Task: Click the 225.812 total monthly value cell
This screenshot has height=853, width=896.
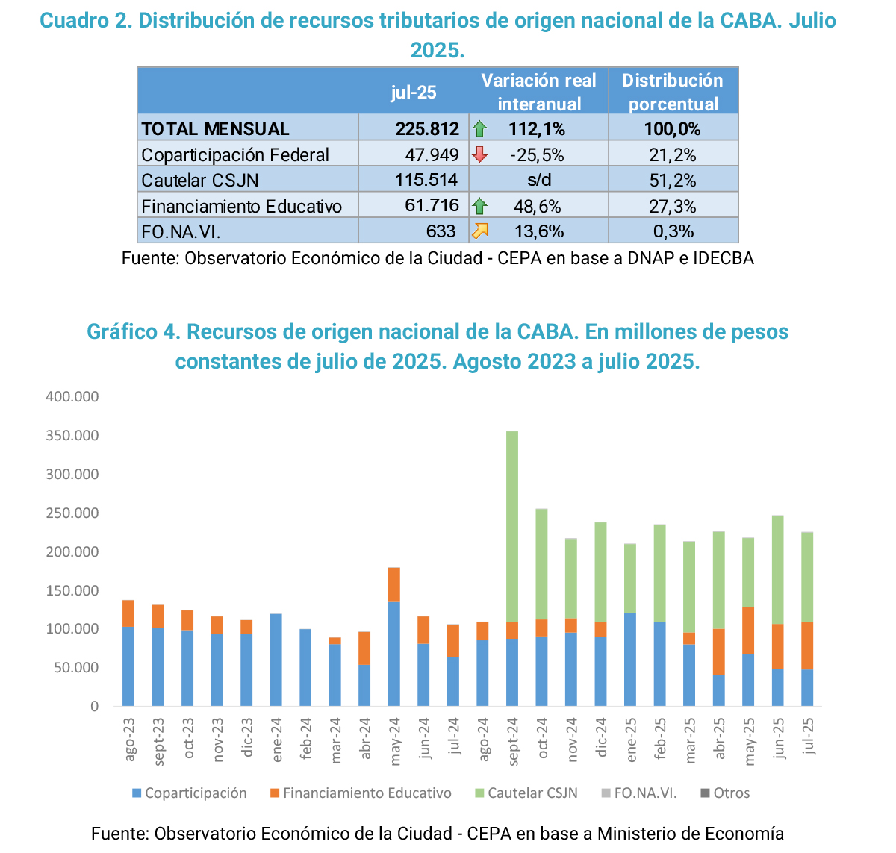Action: pyautogui.click(x=427, y=129)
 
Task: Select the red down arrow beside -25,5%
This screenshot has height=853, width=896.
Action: pyautogui.click(x=479, y=154)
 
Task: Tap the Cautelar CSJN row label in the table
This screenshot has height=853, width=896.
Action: pyautogui.click(x=200, y=181)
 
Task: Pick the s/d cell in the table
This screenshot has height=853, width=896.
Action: pyautogui.click(x=538, y=181)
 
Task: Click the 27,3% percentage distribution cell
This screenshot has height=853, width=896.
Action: pyautogui.click(x=673, y=206)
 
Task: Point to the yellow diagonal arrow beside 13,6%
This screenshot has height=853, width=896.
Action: pyautogui.click(x=479, y=231)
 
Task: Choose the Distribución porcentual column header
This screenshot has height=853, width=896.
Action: pyautogui.click(x=673, y=92)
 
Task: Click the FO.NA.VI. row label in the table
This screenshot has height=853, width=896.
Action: pyautogui.click(x=181, y=231)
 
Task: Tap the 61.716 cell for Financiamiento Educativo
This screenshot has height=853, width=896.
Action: pyautogui.click(x=432, y=205)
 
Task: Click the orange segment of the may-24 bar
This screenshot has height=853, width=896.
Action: pyautogui.click(x=394, y=584)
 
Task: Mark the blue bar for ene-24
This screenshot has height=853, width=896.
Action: pyautogui.click(x=276, y=660)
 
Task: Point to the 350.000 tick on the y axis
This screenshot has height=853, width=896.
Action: pyautogui.click(x=72, y=435)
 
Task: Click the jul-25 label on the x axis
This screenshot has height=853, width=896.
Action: pyautogui.click(x=808, y=737)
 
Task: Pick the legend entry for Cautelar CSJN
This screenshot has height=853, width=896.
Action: pyautogui.click(x=532, y=793)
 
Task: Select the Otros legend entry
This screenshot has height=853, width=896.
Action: pyautogui.click(x=731, y=793)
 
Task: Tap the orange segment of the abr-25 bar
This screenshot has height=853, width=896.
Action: pyautogui.click(x=719, y=652)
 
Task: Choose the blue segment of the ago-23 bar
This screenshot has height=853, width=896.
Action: pyautogui.click(x=128, y=666)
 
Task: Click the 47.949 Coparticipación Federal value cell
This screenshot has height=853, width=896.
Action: pyautogui.click(x=432, y=154)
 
